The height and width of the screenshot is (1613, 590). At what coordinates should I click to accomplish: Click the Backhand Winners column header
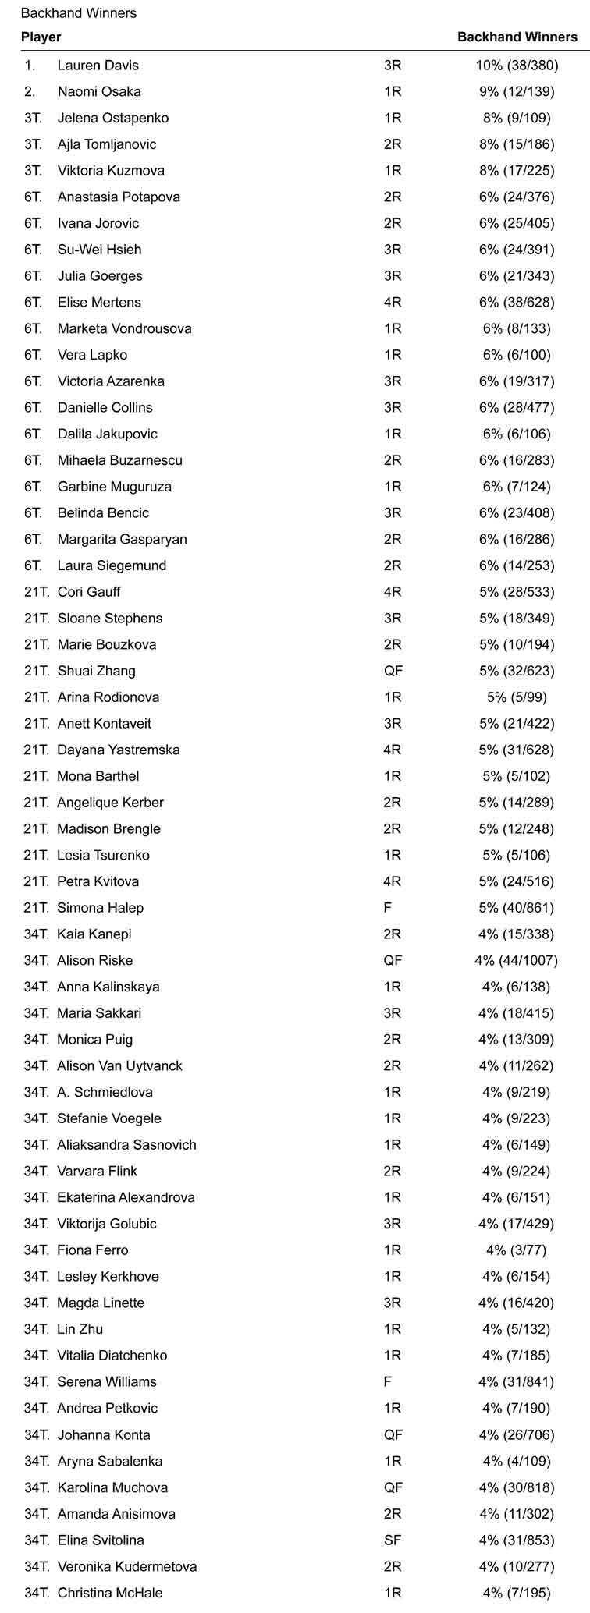point(517,37)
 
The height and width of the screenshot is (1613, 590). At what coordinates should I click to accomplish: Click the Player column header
point(41,37)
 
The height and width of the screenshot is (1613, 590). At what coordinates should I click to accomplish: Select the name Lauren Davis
point(98,66)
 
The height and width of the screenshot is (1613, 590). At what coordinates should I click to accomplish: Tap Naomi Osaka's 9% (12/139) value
point(517,92)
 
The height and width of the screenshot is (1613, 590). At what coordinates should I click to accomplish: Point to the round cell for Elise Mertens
point(393,303)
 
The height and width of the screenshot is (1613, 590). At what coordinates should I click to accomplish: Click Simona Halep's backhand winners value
point(517,908)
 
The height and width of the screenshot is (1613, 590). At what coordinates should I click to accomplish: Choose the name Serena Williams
point(107,1382)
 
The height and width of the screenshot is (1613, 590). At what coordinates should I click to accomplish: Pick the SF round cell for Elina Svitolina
point(393,1540)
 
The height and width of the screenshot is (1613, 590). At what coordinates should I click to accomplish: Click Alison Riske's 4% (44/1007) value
point(517,961)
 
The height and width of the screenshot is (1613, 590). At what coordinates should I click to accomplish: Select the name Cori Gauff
point(89,592)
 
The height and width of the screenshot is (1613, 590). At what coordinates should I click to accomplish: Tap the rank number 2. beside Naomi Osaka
point(30,92)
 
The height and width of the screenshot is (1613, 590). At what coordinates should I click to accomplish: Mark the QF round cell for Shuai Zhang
point(393,671)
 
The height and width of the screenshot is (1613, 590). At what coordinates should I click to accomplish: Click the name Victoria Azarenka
point(111,381)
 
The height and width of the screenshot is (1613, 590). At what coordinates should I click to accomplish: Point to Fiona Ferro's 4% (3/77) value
point(517,1250)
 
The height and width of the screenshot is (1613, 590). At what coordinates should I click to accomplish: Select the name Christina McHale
point(110,1593)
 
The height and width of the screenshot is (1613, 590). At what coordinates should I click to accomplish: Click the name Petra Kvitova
point(98,881)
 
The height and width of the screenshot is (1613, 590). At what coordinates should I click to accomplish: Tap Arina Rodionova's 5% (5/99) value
point(517,697)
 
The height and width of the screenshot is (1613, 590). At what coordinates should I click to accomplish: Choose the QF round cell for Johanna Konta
point(393,1435)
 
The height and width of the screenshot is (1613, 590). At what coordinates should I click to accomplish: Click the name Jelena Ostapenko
point(113,119)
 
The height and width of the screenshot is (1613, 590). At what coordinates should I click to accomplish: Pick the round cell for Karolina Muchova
point(393,1487)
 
